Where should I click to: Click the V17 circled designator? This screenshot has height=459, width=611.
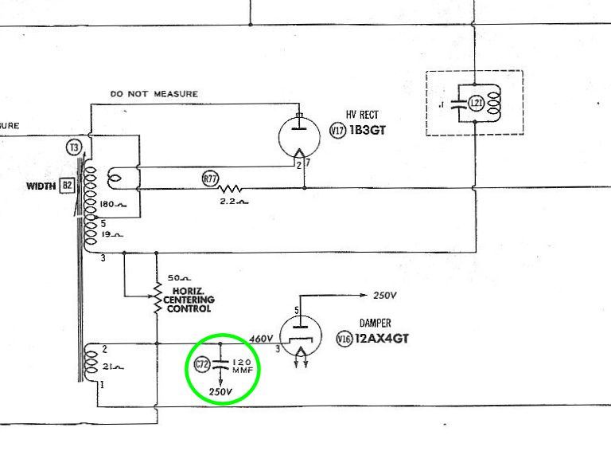tap(336, 130)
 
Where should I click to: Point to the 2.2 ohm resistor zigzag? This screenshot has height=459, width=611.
tap(232, 189)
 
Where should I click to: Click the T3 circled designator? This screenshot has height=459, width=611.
tap(74, 147)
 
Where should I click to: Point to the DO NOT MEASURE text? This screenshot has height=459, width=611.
tap(154, 94)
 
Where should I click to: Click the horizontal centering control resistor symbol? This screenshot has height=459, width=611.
tap(158, 296)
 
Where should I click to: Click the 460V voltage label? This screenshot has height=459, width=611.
tap(261, 338)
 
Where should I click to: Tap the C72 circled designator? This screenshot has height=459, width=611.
tap(202, 366)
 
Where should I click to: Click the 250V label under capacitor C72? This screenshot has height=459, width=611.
tap(220, 392)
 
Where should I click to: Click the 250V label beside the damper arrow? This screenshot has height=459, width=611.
tap(385, 296)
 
